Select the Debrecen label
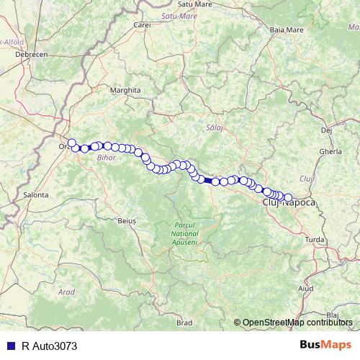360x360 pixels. tap(32, 55)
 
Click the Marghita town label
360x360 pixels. tap(125, 91)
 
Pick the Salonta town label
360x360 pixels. tap(36, 194)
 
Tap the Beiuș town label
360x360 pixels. tap(126, 222)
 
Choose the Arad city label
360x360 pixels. tap(67, 292)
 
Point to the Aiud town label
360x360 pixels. tap(306, 288)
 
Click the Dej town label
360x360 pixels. tap(326, 130)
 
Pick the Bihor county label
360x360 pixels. tap(106, 156)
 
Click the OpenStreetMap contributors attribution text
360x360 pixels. tap(299, 323)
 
